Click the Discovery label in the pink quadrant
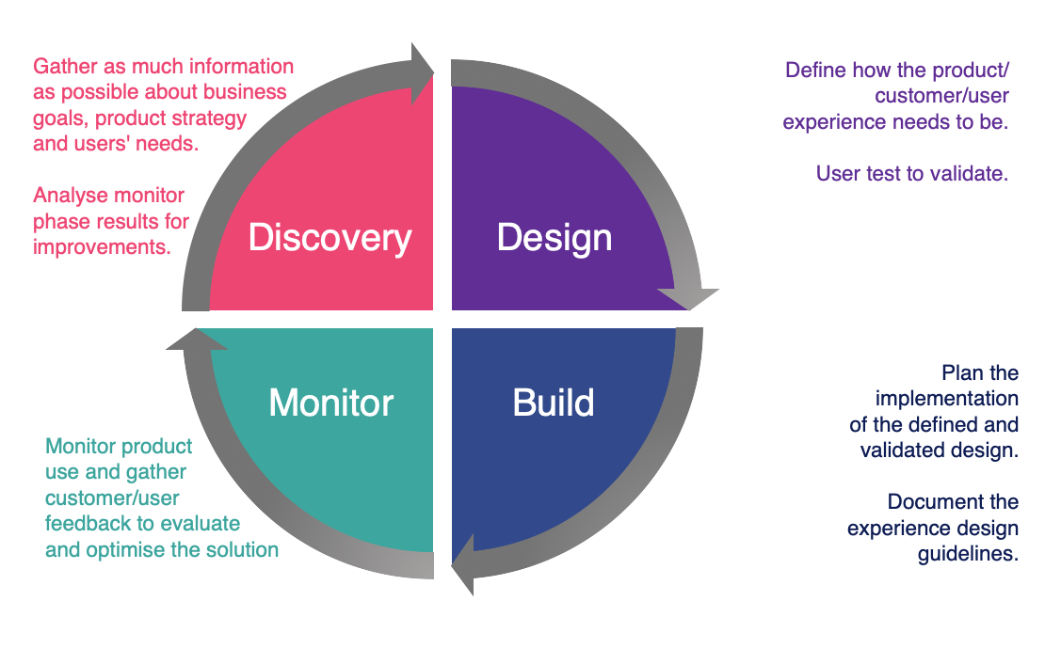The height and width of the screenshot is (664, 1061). coord(330,238)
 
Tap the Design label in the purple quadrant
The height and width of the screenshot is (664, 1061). coord(555,237)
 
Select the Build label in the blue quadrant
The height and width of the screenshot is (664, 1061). coord(554,403)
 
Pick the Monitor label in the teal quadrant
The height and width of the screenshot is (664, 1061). coord(330,403)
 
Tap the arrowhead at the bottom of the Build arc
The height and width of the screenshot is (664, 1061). coord(464,569)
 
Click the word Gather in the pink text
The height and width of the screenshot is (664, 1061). coord(64,68)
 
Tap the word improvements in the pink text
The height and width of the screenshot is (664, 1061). coord(102,246)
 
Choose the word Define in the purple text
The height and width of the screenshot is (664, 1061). coord(815,71)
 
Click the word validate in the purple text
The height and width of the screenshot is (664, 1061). coord(969,173)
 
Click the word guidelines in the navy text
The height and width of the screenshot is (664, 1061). coord(968,554)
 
